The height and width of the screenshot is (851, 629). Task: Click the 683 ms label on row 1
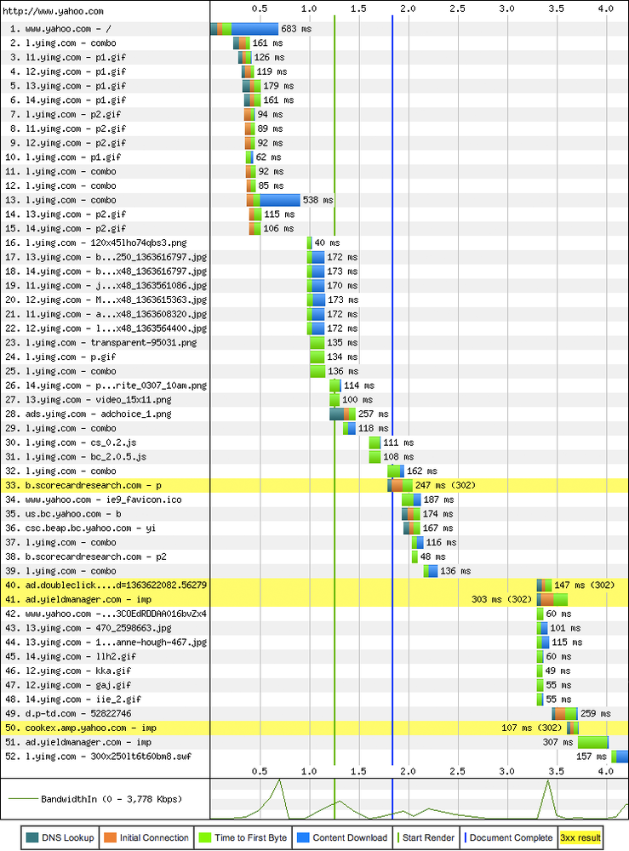pos(295,29)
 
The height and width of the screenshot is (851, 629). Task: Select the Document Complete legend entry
pos(509,837)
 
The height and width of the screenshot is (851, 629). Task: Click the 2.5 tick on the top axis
pos(458,9)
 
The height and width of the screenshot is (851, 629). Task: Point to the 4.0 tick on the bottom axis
pos(606,770)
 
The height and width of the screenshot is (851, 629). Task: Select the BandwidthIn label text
pos(111,799)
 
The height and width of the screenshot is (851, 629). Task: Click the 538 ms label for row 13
pos(318,200)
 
